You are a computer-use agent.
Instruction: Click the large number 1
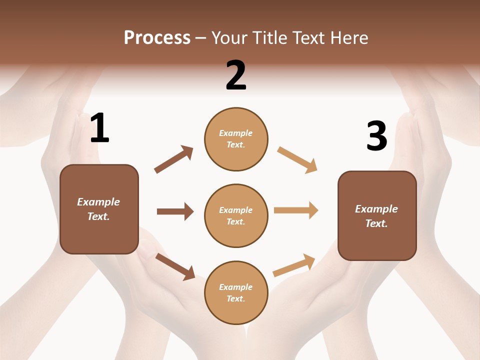point(99,128)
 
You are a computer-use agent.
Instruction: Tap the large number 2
point(236,75)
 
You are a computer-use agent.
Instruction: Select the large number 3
point(376,136)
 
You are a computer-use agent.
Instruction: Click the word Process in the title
point(157,37)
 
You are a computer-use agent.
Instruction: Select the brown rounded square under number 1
point(99,209)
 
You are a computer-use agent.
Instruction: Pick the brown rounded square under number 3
point(377,215)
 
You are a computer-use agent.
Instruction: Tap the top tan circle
point(236,139)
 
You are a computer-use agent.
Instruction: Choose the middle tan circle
point(236,215)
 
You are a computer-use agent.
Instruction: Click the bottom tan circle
point(236,292)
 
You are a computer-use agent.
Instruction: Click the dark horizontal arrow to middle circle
point(175,211)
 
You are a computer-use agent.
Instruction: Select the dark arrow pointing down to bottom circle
point(175,266)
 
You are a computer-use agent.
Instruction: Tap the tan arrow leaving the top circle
point(297,160)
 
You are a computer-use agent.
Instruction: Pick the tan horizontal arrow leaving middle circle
point(296,210)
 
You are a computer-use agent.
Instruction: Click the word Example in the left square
point(98,202)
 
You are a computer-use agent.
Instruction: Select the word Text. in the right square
point(376,223)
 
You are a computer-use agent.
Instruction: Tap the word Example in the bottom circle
point(236,287)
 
